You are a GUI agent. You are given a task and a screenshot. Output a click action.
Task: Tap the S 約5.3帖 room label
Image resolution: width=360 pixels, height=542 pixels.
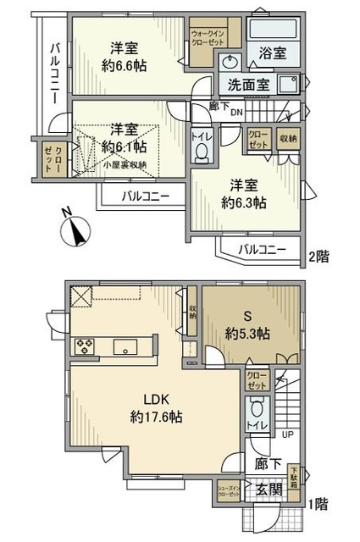pos(246,325)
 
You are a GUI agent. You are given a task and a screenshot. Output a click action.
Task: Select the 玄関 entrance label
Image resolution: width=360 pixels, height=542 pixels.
pos(269,489)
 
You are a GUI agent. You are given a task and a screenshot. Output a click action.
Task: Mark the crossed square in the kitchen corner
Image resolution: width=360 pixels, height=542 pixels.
pos(81,296)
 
